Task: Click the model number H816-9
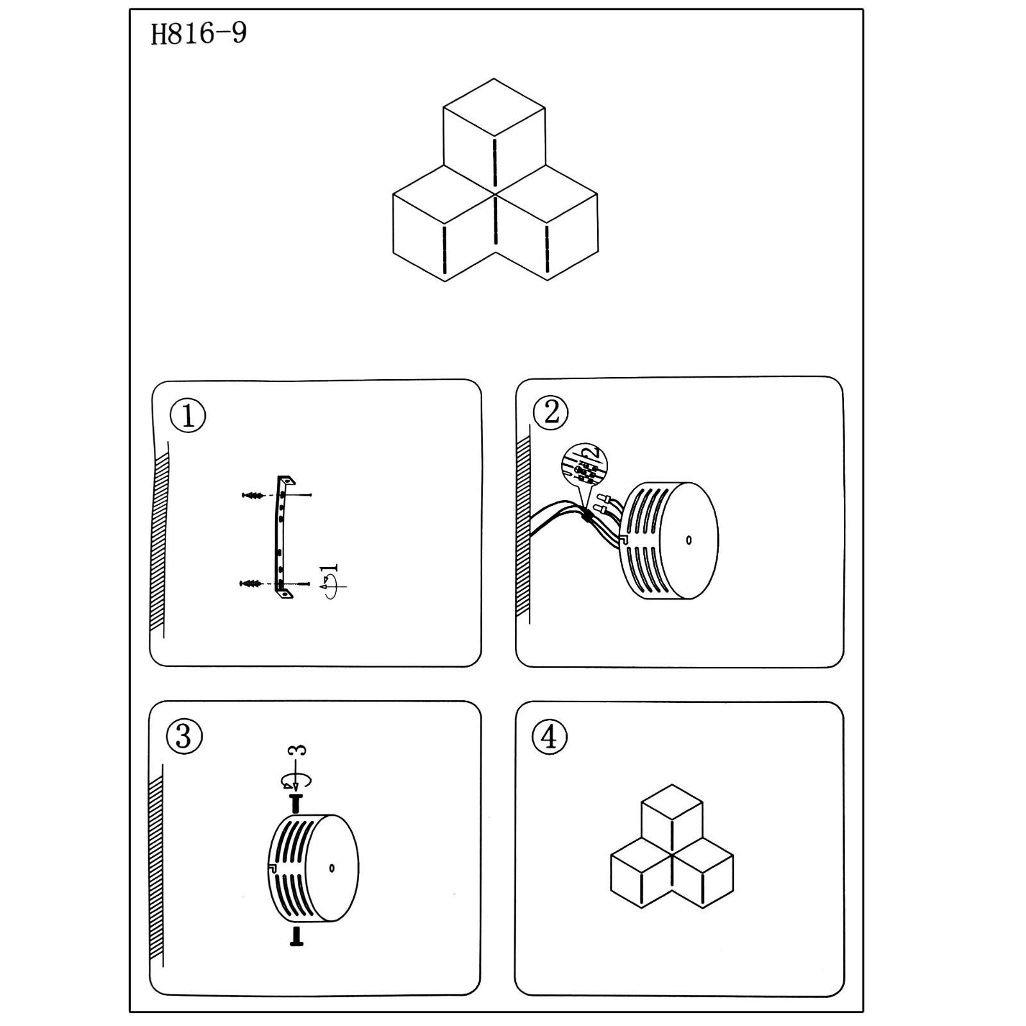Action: (199, 34)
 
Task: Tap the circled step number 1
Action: (188, 416)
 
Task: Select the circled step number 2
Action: (551, 412)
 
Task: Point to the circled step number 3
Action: (184, 736)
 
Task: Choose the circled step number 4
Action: (550, 737)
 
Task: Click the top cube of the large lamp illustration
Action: (494, 128)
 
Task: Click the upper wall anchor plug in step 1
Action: (254, 495)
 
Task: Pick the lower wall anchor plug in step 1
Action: (251, 584)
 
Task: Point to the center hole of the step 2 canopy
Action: (689, 540)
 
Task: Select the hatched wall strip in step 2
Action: (523, 526)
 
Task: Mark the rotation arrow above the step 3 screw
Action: (296, 780)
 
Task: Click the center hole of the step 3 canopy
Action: (332, 868)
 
